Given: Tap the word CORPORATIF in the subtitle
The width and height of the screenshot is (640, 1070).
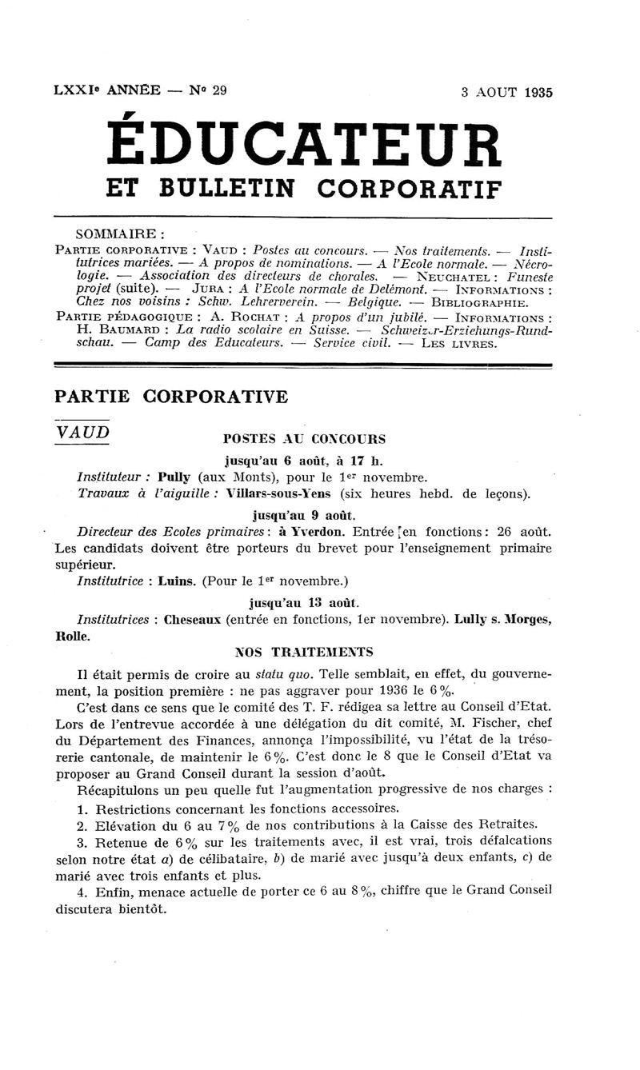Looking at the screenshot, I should (410, 189).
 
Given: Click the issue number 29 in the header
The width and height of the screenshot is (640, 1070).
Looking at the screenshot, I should (219, 90).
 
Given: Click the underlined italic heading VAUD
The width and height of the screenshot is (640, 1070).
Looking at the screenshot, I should (82, 432).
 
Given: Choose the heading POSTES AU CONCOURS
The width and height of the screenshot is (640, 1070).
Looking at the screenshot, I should (303, 439).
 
